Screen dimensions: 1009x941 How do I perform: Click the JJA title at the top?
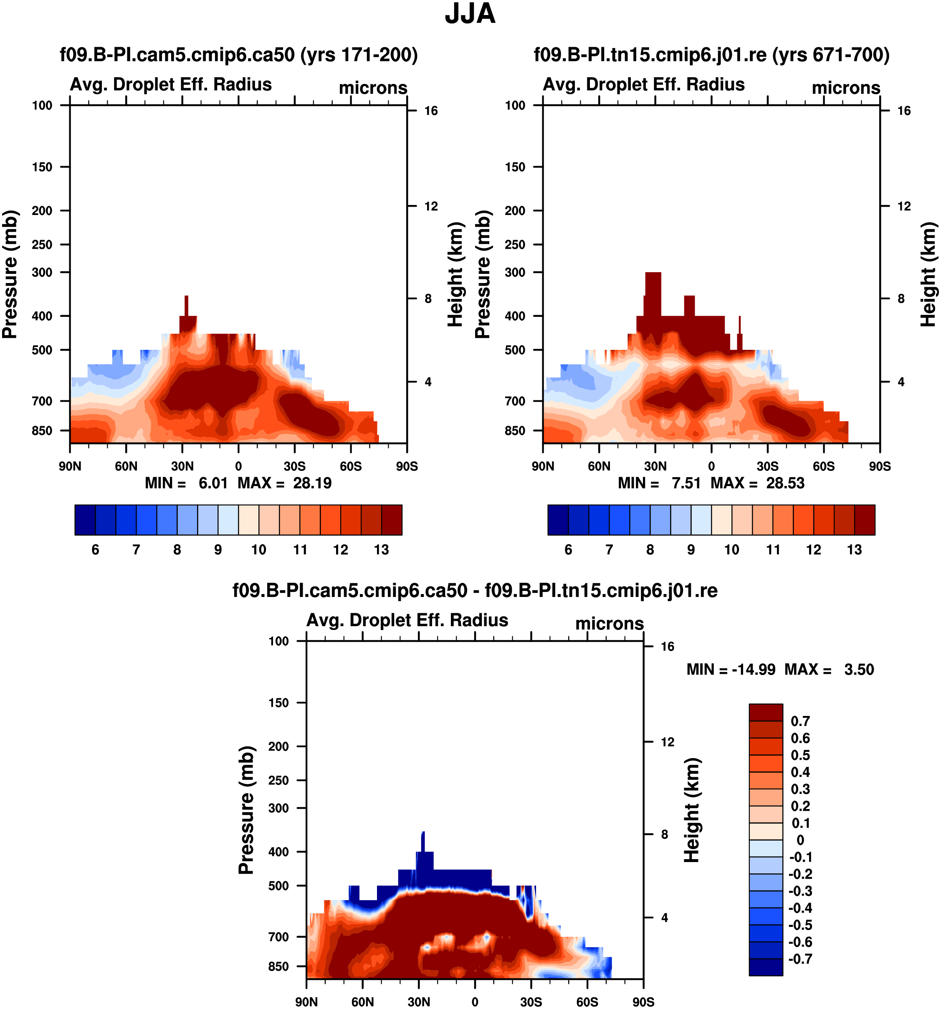pyautogui.click(x=470, y=14)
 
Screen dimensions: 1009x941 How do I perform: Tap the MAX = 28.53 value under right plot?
pyautogui.click(x=757, y=483)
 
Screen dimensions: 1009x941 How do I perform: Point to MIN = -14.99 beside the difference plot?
pyautogui.click(x=731, y=670)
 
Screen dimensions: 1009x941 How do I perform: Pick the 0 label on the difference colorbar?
pyautogui.click(x=800, y=840)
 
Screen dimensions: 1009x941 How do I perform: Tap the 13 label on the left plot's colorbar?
pyautogui.click(x=381, y=550)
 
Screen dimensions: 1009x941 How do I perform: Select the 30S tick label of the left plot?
pyautogui.click(x=294, y=466)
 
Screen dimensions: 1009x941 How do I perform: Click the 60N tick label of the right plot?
pyautogui.click(x=599, y=466)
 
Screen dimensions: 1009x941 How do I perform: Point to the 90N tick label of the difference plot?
pyautogui.click(x=306, y=1001)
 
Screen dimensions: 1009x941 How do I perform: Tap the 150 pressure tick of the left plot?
pyautogui.click(x=42, y=167)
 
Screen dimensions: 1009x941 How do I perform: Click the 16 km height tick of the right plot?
pyautogui.click(x=904, y=111)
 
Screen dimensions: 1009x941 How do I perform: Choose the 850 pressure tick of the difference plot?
pyautogui.click(x=278, y=966)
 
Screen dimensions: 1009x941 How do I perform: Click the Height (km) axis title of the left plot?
pyautogui.click(x=456, y=274)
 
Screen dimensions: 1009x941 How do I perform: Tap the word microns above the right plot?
pyautogui.click(x=845, y=88)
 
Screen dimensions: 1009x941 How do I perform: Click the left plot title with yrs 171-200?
pyautogui.click(x=238, y=54)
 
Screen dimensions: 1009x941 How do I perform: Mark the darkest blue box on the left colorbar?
pyautogui.click(x=85, y=520)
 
